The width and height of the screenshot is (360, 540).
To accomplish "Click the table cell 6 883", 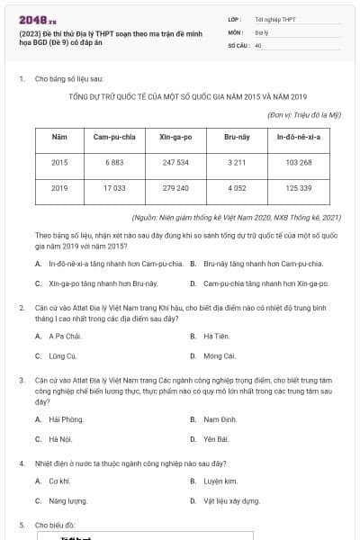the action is tap(114, 162).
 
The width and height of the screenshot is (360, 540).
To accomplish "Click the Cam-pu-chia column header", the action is tap(114, 137).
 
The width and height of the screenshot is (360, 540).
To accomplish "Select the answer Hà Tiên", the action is tap(216, 337).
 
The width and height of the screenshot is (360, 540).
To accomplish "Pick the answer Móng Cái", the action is tap(219, 355).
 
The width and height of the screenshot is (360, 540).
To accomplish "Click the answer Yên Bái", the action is tap(216, 438).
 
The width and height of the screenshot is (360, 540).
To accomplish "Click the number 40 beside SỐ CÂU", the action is tap(258, 44).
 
